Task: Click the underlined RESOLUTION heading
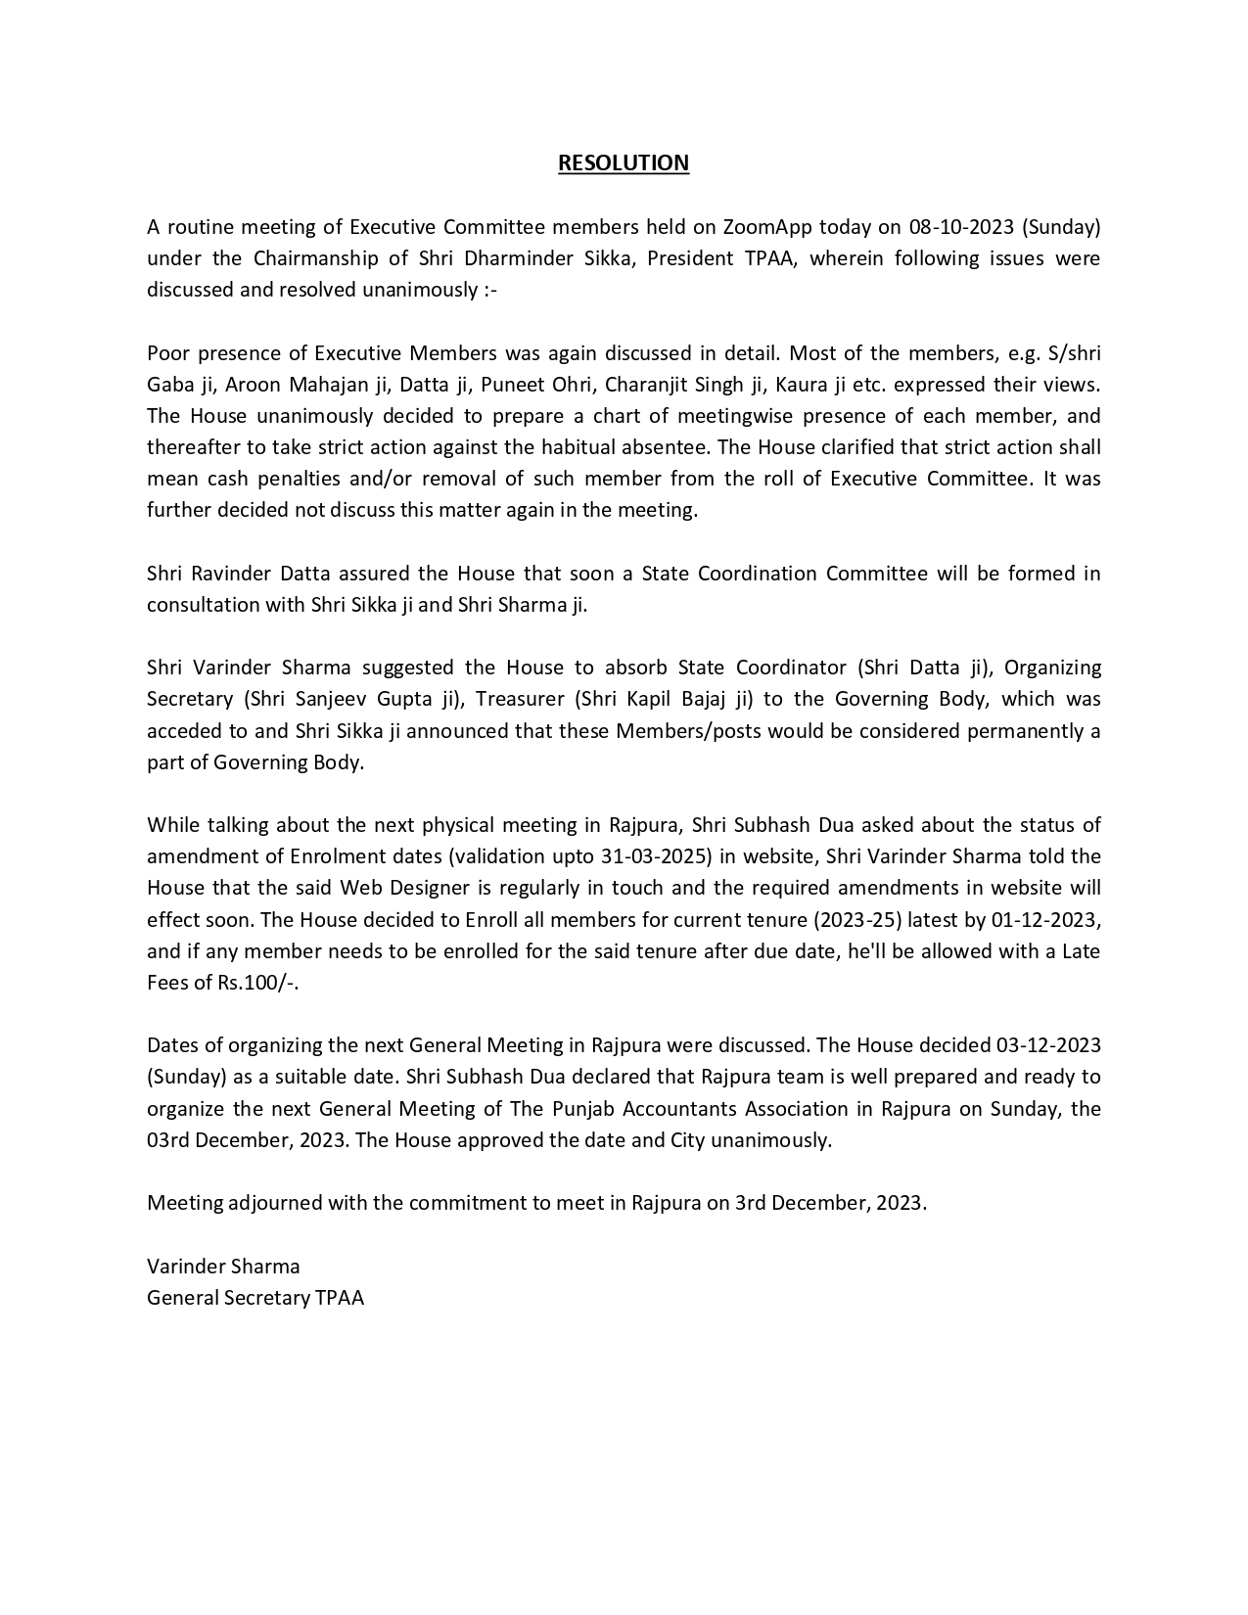(x=624, y=162)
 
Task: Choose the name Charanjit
(x=647, y=385)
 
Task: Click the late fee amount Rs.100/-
(x=257, y=983)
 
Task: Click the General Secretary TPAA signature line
(x=255, y=1298)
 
